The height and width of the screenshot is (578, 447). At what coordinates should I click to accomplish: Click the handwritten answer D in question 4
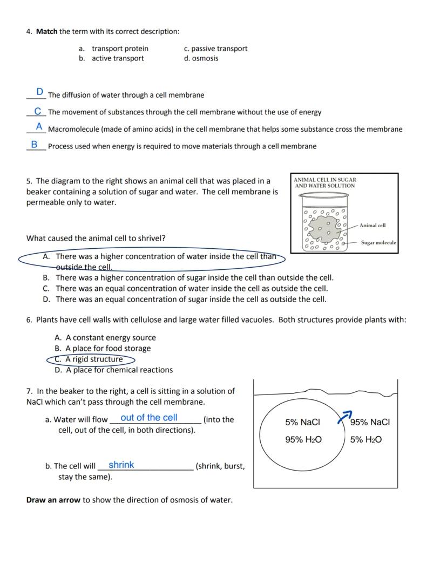[40, 92]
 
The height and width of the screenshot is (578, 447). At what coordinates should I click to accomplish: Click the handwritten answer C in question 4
[38, 111]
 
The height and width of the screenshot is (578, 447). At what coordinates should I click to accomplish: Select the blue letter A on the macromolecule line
[39, 127]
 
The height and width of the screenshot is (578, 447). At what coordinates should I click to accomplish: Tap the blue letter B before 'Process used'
[34, 145]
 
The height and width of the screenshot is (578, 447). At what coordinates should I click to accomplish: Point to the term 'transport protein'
[120, 49]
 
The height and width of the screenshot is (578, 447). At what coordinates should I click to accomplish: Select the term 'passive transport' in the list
[219, 49]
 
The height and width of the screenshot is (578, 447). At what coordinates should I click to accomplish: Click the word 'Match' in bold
[46, 31]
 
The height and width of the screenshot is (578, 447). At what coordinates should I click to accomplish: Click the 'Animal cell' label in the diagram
[372, 226]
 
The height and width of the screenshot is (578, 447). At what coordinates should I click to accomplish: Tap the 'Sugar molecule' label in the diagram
[378, 243]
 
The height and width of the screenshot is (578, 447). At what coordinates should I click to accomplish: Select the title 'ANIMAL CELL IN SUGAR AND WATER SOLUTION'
[324, 182]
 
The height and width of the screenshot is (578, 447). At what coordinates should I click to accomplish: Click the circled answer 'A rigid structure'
[93, 359]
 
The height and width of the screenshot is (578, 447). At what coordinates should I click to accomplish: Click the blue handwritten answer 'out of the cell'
[149, 418]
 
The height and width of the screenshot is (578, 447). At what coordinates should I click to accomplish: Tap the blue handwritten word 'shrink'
[121, 465]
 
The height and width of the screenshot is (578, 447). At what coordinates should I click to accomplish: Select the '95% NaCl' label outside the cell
[370, 423]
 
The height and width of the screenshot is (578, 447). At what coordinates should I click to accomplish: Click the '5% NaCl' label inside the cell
[302, 423]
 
